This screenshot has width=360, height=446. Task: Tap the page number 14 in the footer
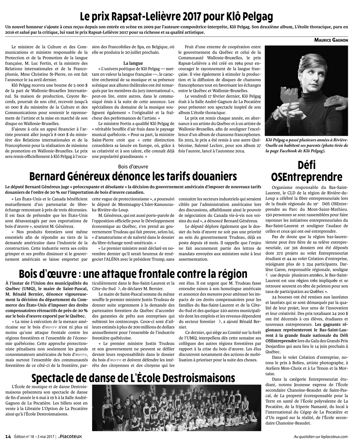pyautogui.click(x=8, y=437)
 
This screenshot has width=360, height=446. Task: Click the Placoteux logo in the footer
pyautogui.click(x=71, y=437)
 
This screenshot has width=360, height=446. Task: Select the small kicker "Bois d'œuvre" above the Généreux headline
pyautogui.click(x=133, y=166)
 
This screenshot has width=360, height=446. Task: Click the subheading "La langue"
pyautogui.click(x=133, y=63)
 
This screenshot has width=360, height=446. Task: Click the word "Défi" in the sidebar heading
pyautogui.click(x=307, y=165)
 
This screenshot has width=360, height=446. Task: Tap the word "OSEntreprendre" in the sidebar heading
pyautogui.click(x=307, y=177)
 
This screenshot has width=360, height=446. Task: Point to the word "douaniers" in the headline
pyautogui.click(x=212, y=177)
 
